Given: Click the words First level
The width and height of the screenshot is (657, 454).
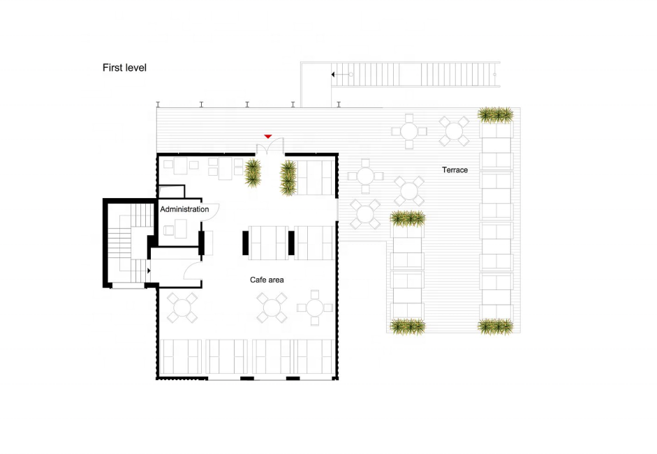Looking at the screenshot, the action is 124,68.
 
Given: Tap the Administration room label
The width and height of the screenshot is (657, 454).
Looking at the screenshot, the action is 184,209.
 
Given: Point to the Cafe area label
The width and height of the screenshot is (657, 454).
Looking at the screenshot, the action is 267,280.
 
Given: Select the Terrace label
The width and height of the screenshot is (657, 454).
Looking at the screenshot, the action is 455,170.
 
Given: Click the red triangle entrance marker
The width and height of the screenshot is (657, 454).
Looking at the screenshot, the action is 267,137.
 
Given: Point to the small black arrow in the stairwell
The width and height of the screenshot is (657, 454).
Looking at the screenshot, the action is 149,271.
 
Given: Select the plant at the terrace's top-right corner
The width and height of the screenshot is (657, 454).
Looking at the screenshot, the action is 496,114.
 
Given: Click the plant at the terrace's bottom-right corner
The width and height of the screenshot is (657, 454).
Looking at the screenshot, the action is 496,326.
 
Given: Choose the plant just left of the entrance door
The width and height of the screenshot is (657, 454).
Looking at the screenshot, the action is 253,173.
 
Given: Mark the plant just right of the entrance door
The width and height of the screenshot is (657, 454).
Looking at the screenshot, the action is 288,178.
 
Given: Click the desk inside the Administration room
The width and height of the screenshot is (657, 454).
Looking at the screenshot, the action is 181,229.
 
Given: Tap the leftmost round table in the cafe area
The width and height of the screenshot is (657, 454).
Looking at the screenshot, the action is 182,308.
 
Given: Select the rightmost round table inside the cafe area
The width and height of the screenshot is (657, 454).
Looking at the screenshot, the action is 315,308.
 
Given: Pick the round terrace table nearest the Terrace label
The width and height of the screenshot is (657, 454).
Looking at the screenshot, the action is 454,131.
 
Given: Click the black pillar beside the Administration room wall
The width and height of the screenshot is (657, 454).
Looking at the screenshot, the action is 202,243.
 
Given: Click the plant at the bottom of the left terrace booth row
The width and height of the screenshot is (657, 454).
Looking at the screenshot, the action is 408,327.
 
